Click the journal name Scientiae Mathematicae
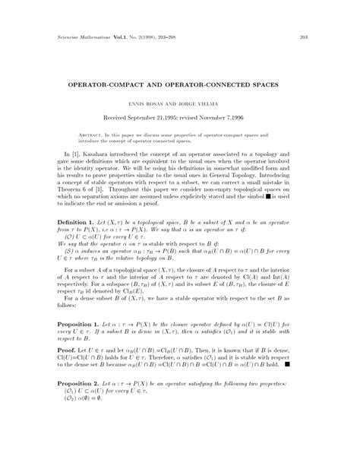click(77, 37)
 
